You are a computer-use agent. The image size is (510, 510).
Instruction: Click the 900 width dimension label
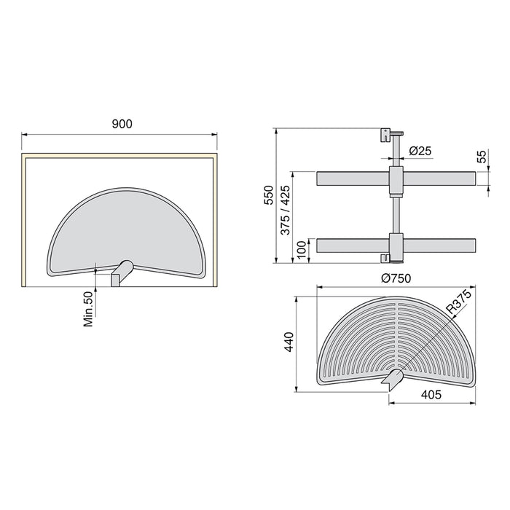122,125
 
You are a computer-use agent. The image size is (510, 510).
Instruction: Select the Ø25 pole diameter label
420,151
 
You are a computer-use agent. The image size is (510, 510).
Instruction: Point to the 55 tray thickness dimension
481,157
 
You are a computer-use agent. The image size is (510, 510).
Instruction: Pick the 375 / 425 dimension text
286,211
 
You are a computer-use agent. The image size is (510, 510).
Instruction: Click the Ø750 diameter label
397,279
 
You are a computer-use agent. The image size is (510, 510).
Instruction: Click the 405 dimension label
433,395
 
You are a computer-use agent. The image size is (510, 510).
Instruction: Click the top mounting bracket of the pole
385,136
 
